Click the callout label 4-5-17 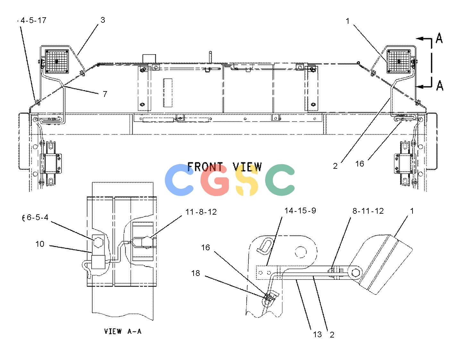pyautogui.click(x=33, y=20)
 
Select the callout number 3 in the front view pyautogui.click(x=103, y=20)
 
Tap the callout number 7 pyautogui.click(x=105, y=94)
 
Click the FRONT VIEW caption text pyautogui.click(x=225, y=167)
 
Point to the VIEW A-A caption pyautogui.click(x=122, y=331)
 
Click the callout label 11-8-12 pyautogui.click(x=201, y=212)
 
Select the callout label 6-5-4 pyautogui.click(x=38, y=217)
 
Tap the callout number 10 pyautogui.click(x=40, y=244)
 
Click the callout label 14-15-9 pyautogui.click(x=300, y=210)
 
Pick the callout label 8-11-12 pyautogui.click(x=368, y=211)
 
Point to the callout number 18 pyautogui.click(x=196, y=273)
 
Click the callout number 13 pyautogui.click(x=317, y=334)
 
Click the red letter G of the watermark pyautogui.click(x=214, y=180)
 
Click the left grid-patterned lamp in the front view pyautogui.click(x=57, y=61)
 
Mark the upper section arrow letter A pyautogui.click(x=439, y=38)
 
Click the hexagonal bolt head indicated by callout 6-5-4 pyautogui.click(x=98, y=242)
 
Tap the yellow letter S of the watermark pyautogui.click(x=247, y=180)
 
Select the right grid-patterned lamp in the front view pyautogui.click(x=399, y=61)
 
